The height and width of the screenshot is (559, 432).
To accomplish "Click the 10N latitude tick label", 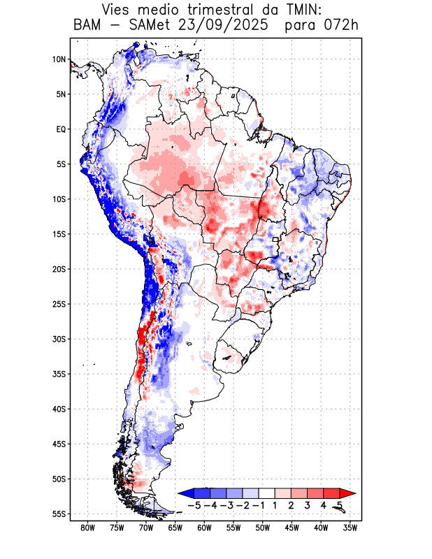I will [x=59, y=59].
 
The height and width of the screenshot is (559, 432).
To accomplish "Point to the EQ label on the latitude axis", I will [x=60, y=129].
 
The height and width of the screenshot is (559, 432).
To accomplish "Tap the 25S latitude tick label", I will [x=59, y=304].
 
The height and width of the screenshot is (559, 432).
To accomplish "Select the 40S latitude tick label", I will [x=59, y=409].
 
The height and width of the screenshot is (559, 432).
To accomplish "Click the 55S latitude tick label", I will [x=59, y=514].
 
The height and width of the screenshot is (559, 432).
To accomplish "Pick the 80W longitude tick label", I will [x=88, y=528].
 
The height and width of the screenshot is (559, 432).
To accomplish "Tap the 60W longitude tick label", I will [x=205, y=528].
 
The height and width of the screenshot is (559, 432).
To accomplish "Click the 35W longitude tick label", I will [x=350, y=528].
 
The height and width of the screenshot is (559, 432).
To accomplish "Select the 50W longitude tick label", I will [x=263, y=528].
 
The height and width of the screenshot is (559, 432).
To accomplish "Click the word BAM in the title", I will [x=88, y=27].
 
